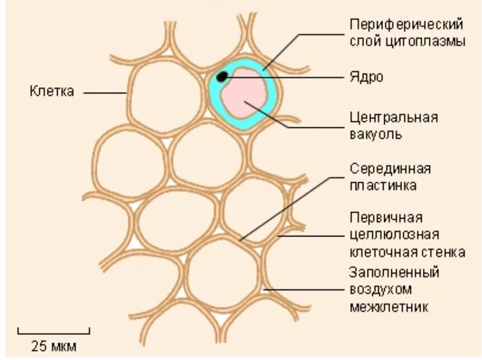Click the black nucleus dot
click(222, 77)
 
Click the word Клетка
click(51, 92)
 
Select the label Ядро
click(366, 77)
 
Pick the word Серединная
click(390, 168)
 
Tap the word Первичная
click(386, 217)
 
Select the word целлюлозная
click(394, 234)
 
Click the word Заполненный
click(394, 273)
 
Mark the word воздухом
click(380, 290)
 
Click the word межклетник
click(389, 306)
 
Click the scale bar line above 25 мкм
click(54, 332)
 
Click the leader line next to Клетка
click(106, 93)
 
